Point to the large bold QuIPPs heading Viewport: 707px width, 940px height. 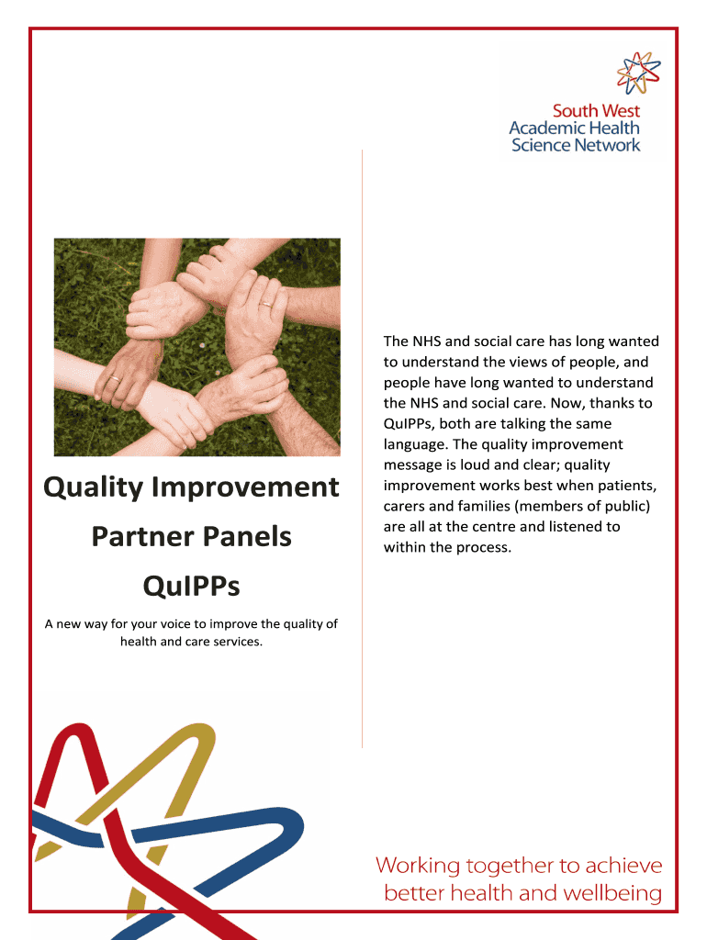191,586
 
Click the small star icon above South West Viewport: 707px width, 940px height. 639,73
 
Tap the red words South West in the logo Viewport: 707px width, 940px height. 596,111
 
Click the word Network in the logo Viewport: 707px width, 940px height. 608,145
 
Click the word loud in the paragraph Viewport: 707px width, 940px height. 475,465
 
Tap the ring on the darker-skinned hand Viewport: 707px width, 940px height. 115,379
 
